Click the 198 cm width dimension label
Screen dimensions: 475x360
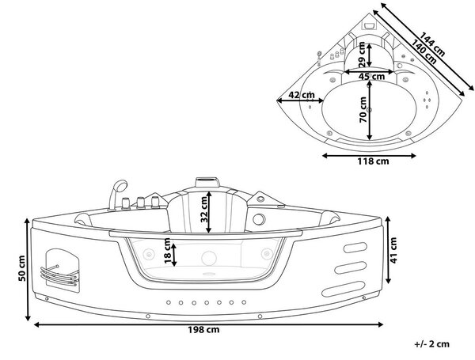coord(203,329)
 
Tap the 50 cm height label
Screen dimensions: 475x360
coord(22,268)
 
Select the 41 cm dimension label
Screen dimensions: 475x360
coord(393,250)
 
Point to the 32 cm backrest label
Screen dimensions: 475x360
coord(205,209)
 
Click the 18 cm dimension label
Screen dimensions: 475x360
coord(168,251)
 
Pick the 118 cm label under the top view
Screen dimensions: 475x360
coord(373,161)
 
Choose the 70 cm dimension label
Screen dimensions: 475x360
coord(363,110)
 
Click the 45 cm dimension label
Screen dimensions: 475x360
coord(372,76)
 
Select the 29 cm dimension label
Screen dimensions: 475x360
coord(362,55)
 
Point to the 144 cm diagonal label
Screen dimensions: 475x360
coord(433,45)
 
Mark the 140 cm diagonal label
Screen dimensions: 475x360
coord(424,52)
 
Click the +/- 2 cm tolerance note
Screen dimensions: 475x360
coord(432,344)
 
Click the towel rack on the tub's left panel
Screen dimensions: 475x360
coord(59,275)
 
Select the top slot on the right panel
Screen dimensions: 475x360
coord(355,248)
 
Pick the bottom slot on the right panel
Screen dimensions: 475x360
coord(343,289)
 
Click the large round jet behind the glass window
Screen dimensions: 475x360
coord(209,258)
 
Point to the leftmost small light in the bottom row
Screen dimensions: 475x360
coord(169,302)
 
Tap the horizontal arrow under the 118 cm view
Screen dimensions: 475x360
coord(369,156)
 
